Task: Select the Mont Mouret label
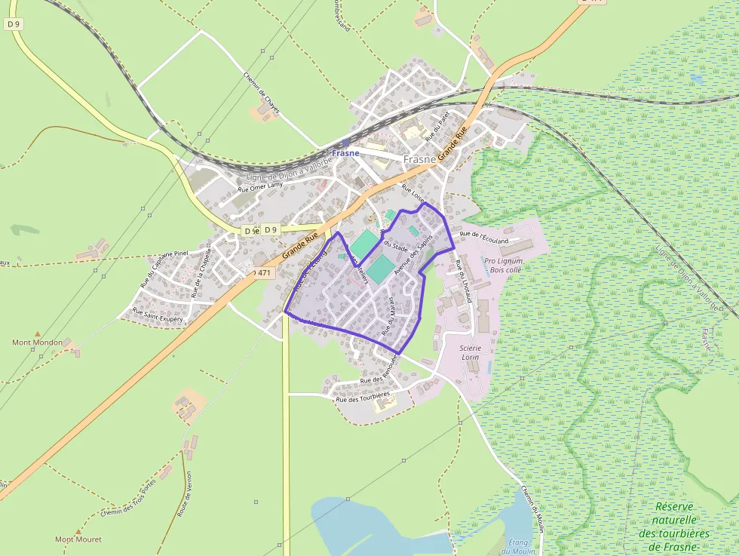pyautogui.click(x=78, y=539)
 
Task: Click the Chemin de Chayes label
pyautogui.click(x=262, y=92)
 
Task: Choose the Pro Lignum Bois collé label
pyautogui.click(x=504, y=265)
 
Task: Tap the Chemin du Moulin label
pyautogui.click(x=532, y=509)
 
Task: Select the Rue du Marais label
pyautogui.click(x=392, y=316)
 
